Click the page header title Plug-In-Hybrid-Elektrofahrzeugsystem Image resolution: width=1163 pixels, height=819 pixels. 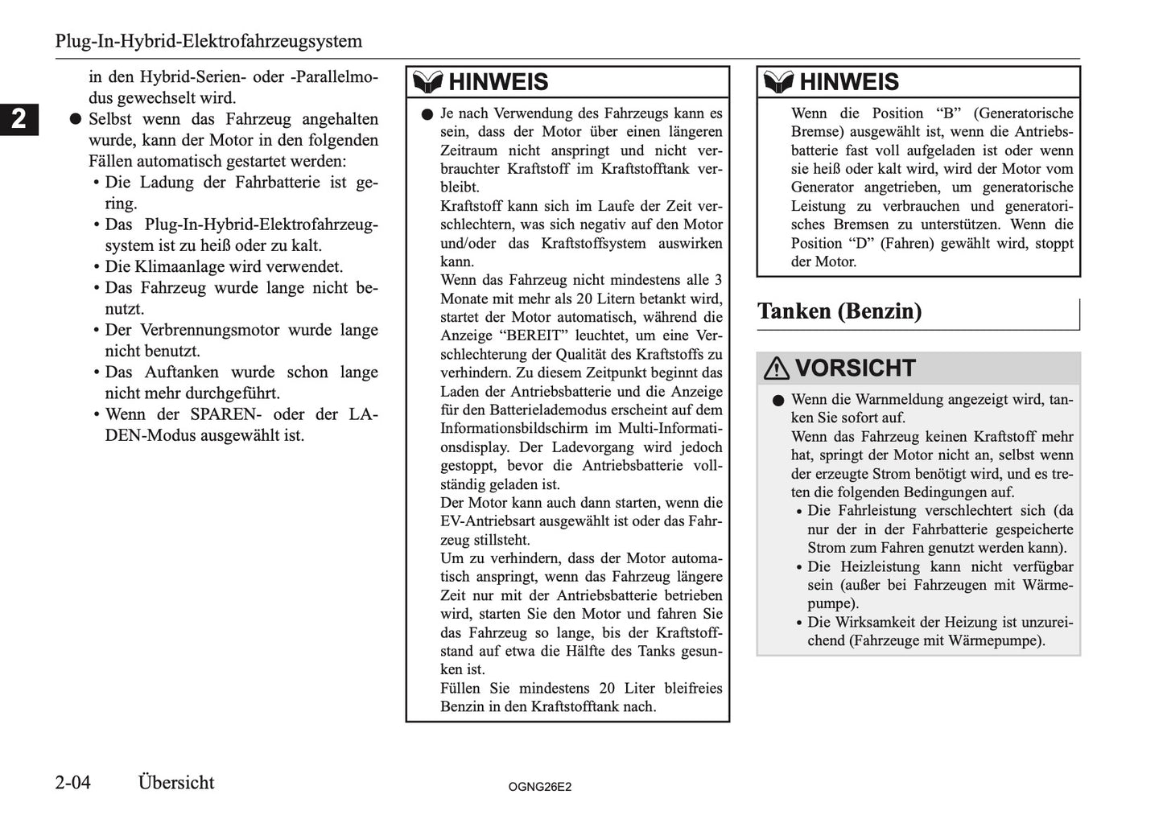[208, 41]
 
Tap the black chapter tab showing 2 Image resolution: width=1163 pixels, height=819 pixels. [19, 119]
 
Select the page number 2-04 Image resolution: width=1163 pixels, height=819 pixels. [73, 783]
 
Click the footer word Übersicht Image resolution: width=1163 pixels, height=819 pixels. [176, 783]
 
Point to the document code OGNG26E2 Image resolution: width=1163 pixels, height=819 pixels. [539, 787]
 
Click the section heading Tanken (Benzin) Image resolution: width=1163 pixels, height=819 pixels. [839, 311]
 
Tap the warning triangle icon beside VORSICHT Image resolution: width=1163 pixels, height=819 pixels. [776, 368]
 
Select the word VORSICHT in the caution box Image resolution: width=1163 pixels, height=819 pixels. [855, 368]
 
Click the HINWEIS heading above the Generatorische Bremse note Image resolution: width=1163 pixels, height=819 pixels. [849, 82]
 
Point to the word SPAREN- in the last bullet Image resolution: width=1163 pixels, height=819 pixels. [227, 414]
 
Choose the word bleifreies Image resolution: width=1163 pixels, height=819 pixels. [688, 688]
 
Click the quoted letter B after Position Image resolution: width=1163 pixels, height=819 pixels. [947, 113]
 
